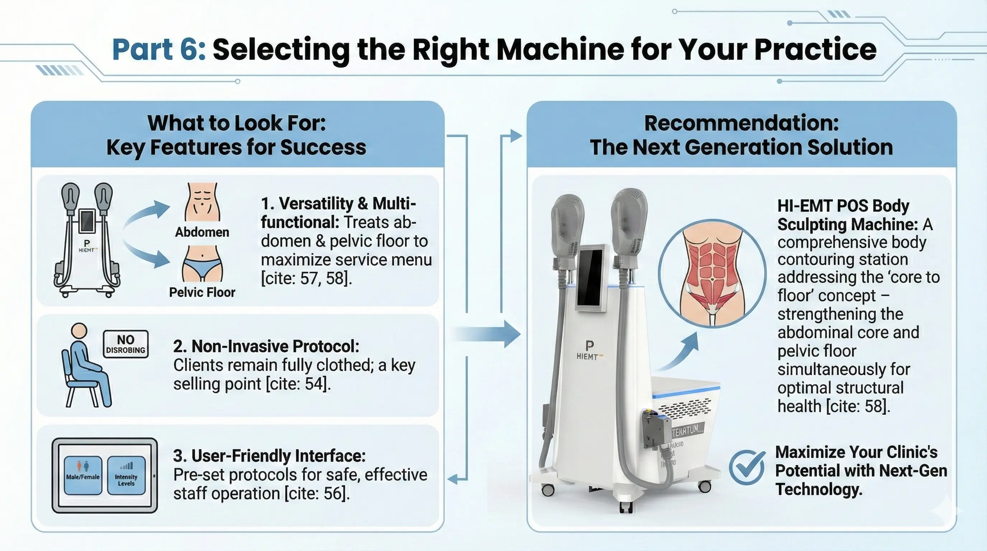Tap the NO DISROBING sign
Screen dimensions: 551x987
(x=126, y=344)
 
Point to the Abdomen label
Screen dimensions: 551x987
(x=202, y=232)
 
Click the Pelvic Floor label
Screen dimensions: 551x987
(x=202, y=292)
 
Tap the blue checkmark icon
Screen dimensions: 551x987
(x=746, y=468)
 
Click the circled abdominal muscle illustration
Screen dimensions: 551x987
(x=712, y=273)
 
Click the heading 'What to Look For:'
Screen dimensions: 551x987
(x=236, y=123)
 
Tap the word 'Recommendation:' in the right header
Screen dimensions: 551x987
(x=741, y=123)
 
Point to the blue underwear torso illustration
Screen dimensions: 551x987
(x=202, y=264)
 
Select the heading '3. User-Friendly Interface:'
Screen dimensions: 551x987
(x=269, y=456)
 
